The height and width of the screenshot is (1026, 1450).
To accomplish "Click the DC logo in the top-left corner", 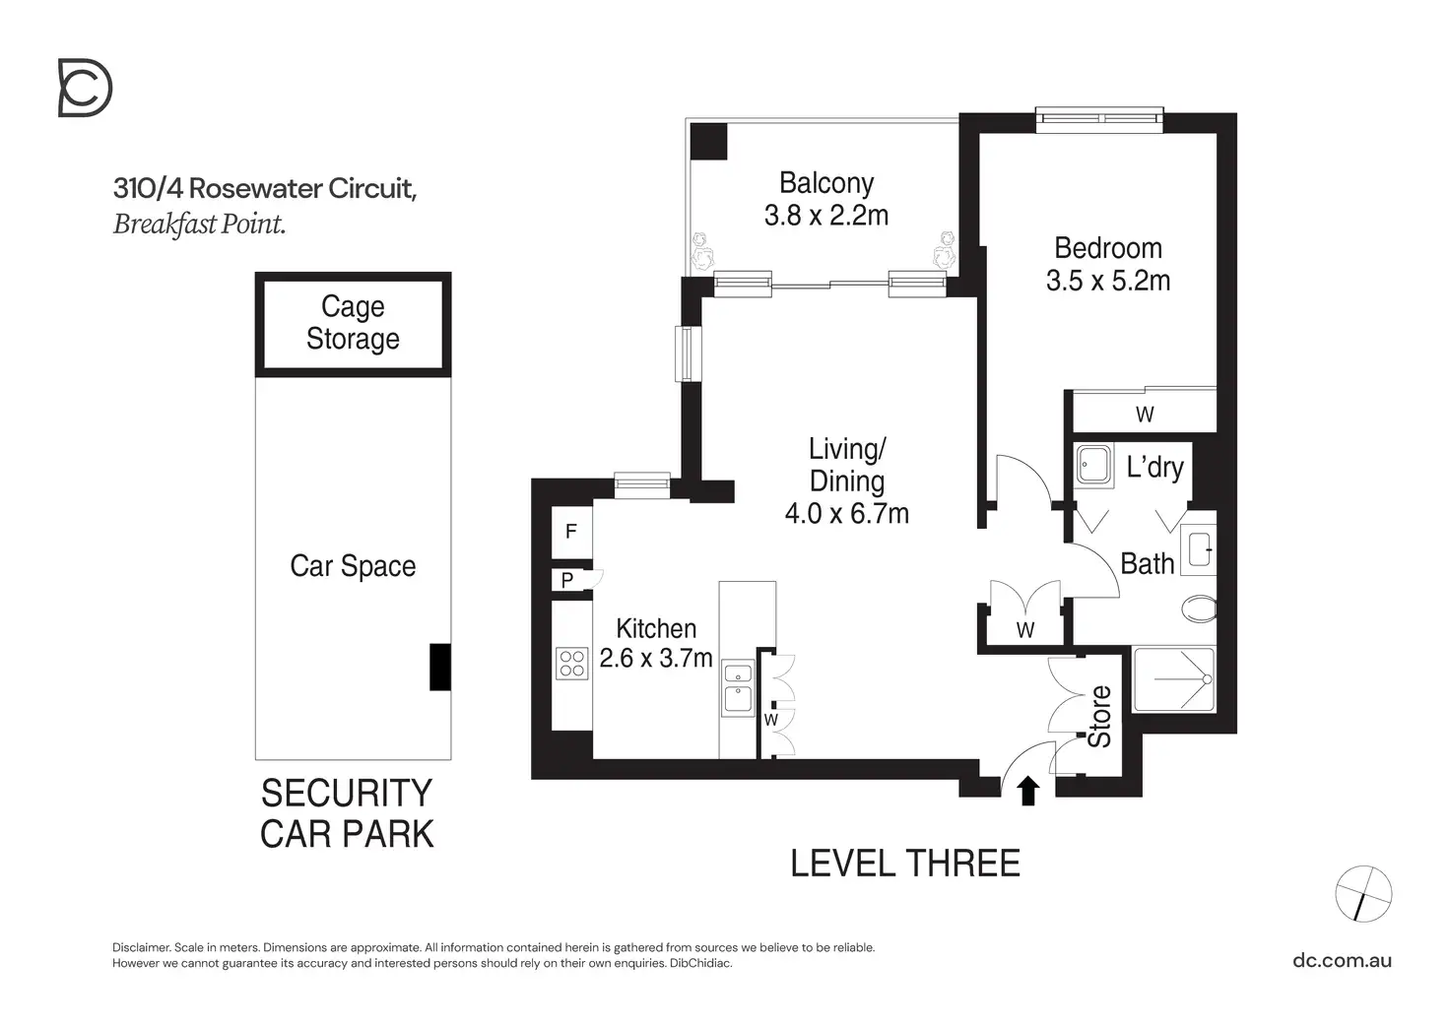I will (x=85, y=88).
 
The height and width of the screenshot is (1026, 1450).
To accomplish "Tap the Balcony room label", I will (x=825, y=183).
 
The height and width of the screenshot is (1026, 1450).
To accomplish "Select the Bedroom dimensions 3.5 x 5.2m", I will (x=1107, y=281).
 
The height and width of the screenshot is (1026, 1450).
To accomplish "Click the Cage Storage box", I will (x=353, y=323).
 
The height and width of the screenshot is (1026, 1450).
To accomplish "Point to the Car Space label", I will (x=353, y=566).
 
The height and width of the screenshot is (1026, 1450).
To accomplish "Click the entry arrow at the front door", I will (x=1028, y=791).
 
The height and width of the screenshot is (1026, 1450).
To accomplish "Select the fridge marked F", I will (x=570, y=533).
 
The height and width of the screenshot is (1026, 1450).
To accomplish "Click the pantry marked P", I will (x=567, y=581).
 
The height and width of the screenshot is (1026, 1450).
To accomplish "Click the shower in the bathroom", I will (x=1174, y=679).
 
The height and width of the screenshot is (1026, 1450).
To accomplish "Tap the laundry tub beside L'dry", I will (x=1092, y=465).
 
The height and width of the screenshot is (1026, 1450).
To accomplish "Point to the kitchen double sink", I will (x=737, y=686).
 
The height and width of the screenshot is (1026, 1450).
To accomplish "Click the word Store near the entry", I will (x=1099, y=716).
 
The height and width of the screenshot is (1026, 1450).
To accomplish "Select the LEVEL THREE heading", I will (x=904, y=864).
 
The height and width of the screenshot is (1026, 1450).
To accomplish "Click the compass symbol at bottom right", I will (x=1363, y=894).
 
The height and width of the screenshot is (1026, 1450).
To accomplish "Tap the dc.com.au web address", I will (x=1342, y=960).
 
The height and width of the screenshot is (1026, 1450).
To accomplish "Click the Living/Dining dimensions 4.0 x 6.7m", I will (x=846, y=514).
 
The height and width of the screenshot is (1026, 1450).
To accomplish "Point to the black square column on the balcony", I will (x=708, y=141).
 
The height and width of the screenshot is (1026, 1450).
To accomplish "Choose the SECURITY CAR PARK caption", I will (x=347, y=813).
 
